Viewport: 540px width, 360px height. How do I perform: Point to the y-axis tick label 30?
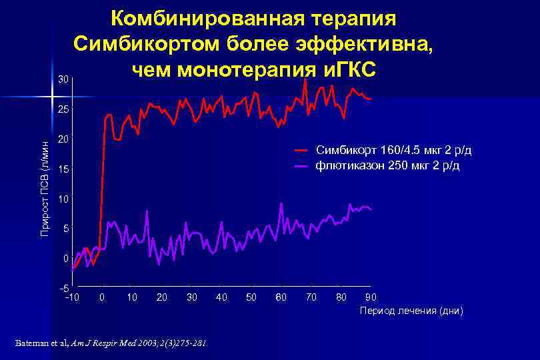[63, 80]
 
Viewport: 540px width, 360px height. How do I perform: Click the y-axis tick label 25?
[63, 109]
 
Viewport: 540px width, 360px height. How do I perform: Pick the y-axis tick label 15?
[63, 170]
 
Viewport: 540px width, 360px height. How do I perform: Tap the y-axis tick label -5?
[63, 288]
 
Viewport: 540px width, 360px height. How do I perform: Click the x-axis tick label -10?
[71, 297]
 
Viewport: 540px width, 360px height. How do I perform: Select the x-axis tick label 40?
[222, 297]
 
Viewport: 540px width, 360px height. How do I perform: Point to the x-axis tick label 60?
[281, 297]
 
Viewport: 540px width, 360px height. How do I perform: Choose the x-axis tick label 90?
[371, 297]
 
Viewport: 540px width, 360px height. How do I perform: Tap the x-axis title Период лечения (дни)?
[411, 311]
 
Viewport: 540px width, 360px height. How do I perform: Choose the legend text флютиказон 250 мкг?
[387, 165]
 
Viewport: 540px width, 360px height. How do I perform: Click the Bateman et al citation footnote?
[111, 344]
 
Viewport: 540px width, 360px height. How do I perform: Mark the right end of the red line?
[371, 99]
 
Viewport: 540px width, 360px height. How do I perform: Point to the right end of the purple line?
[371, 210]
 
